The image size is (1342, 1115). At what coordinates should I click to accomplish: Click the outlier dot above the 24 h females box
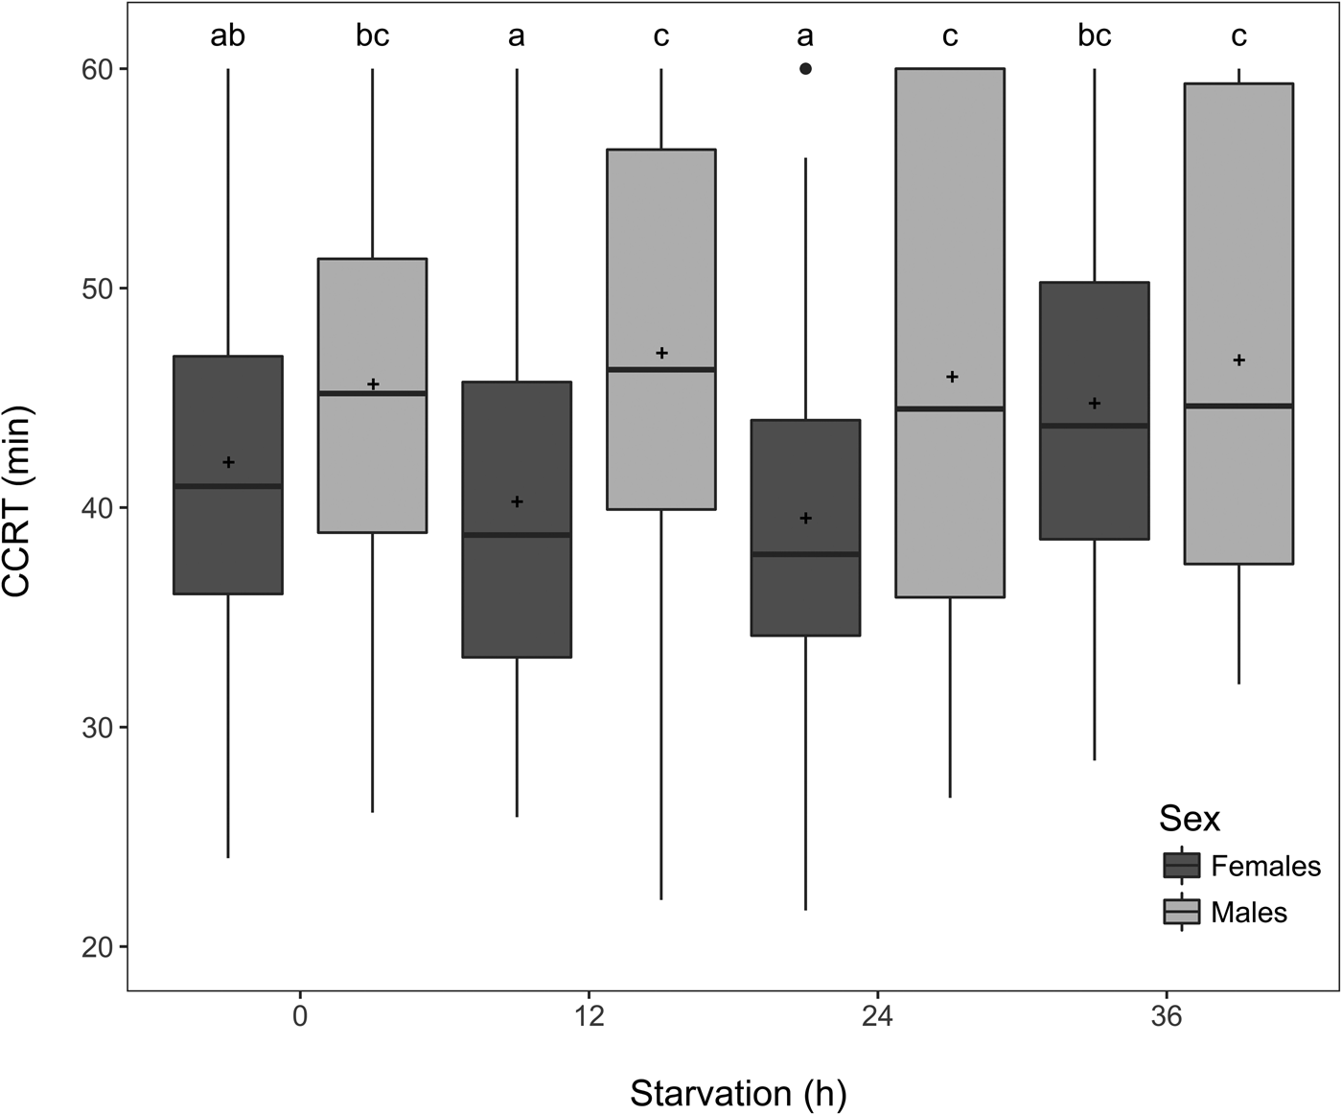click(805, 69)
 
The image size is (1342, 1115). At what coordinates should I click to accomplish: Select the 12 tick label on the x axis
click(589, 1016)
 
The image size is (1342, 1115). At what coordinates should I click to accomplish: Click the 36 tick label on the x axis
click(1167, 1016)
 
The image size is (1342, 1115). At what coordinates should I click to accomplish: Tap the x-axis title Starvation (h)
click(738, 1093)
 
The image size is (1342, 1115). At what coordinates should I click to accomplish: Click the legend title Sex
click(1189, 819)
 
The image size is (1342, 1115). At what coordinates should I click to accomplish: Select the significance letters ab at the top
click(227, 36)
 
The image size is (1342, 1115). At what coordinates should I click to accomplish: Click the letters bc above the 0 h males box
click(372, 36)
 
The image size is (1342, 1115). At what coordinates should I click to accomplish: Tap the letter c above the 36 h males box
click(1238, 36)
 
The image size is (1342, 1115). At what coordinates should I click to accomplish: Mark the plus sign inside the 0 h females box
click(228, 463)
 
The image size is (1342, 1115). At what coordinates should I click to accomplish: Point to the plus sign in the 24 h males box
click(952, 377)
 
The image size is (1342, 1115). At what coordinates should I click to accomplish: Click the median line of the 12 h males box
click(661, 369)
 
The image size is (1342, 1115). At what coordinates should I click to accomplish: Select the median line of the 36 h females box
click(1094, 426)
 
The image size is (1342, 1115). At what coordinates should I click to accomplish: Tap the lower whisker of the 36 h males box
click(1238, 623)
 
